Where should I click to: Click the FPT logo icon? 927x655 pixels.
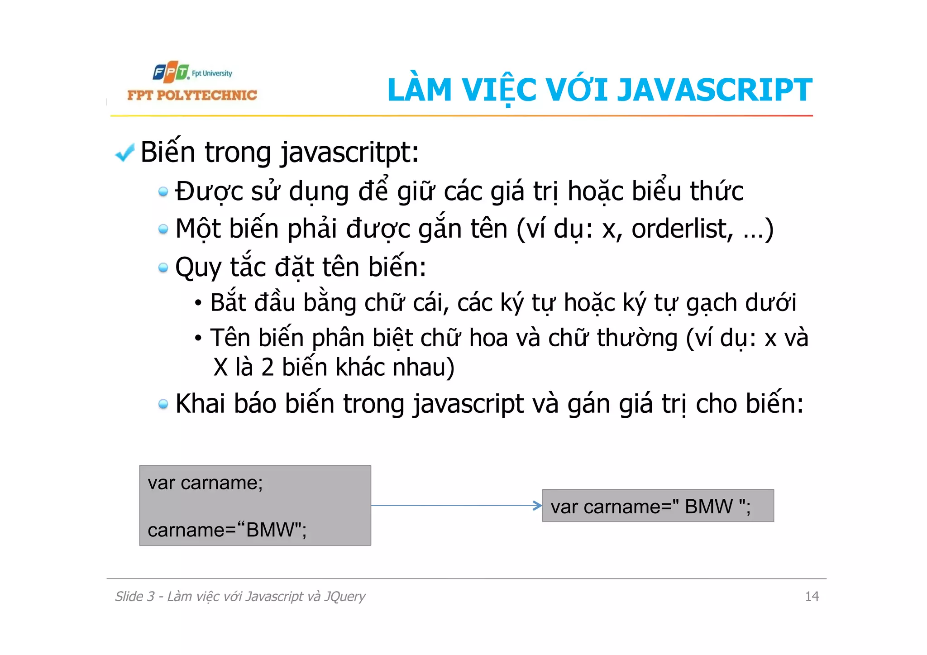170,72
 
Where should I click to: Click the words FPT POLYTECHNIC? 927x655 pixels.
192,95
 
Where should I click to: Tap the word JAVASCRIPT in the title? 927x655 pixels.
715,90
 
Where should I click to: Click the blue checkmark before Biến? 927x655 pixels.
124,153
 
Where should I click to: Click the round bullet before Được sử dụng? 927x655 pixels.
163,192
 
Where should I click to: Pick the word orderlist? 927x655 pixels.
682,229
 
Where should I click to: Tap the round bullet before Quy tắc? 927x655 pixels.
163,268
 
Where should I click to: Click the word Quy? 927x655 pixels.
198,268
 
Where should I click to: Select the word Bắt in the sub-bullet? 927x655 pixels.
228,302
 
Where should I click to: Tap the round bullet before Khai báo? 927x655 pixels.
163,404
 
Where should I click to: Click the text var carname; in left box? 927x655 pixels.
205,483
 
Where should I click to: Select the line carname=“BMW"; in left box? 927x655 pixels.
227,530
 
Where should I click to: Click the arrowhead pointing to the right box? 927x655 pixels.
537,506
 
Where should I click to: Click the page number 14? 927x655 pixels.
812,596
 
